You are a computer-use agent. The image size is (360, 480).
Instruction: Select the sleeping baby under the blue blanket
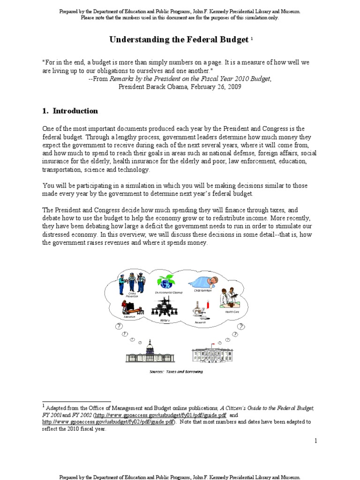201,283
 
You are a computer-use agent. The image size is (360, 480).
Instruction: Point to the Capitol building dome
150,347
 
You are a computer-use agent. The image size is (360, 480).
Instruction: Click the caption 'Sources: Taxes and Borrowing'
176,371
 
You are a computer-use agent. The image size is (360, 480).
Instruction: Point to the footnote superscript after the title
252,38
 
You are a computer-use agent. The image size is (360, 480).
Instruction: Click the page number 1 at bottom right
316,441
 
